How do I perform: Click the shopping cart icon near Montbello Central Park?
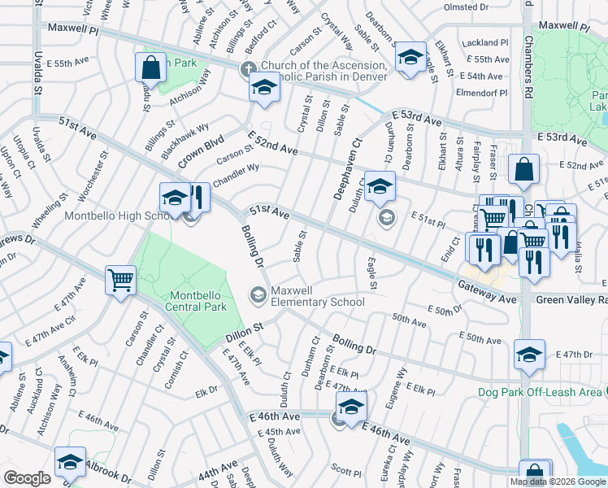(120, 281)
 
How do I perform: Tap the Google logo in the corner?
(27, 478)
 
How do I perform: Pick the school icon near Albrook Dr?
(71, 462)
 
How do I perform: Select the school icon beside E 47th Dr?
(529, 354)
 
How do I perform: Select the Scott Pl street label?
(346, 471)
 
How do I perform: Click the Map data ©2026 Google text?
(558, 481)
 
